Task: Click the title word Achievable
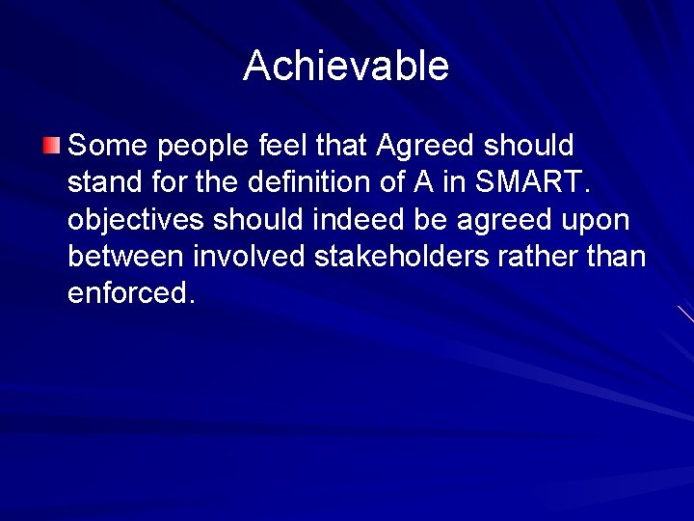click(x=346, y=66)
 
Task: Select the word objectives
click(x=136, y=220)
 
